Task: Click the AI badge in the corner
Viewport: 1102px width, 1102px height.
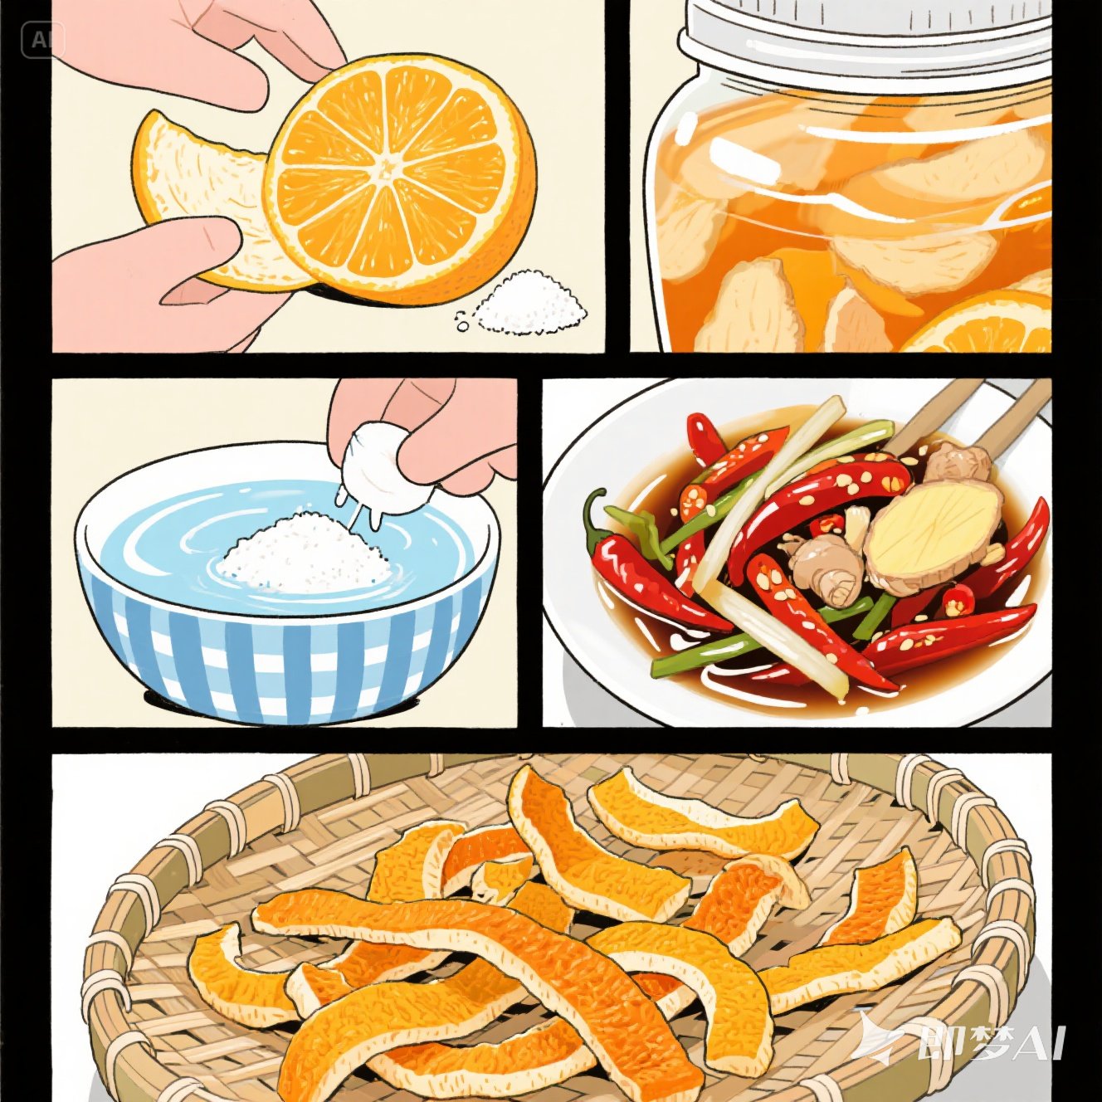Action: click(42, 40)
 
